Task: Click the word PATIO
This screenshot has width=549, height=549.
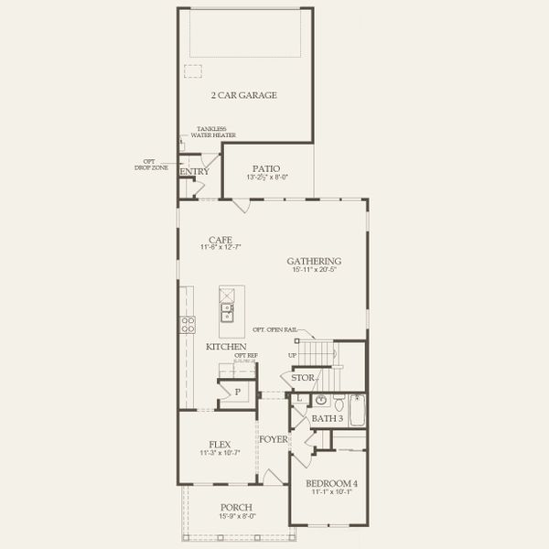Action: [x=268, y=168]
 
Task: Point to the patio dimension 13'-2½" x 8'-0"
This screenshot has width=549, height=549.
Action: [x=268, y=178]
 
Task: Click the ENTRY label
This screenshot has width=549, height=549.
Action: [x=195, y=172]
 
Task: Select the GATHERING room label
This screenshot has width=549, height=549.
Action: [x=314, y=260]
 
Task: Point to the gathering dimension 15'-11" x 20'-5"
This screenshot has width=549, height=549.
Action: [x=314, y=270]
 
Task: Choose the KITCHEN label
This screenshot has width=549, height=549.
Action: [x=225, y=347]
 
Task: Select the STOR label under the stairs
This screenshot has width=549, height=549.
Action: [x=303, y=377]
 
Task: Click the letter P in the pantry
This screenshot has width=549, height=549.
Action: [x=237, y=392]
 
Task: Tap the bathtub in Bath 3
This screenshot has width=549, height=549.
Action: [x=357, y=410]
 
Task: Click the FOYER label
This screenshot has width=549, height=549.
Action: [x=274, y=439]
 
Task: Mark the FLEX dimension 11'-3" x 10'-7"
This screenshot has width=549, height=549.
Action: [x=220, y=453]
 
